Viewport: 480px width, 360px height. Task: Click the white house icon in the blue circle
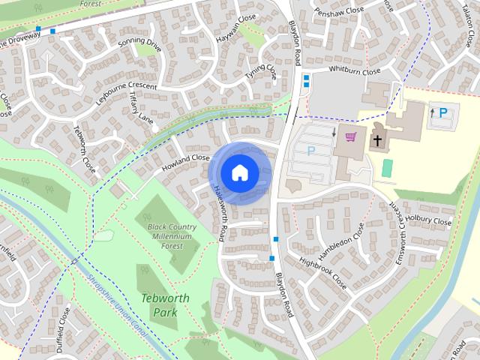coord(239,173)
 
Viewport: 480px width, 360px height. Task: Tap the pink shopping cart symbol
coord(350,136)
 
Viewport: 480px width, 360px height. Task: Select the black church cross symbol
coord(377,139)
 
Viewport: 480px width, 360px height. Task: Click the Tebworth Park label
coord(165,304)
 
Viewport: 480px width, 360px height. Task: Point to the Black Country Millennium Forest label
coord(172,236)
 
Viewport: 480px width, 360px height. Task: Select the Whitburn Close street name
coord(355,71)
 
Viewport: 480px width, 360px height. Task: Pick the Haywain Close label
coord(236,28)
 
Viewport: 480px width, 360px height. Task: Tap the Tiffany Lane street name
coord(140,109)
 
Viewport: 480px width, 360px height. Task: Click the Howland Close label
coord(186,162)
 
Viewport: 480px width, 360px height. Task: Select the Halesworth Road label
coord(220,214)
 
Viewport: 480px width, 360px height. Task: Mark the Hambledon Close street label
coord(340,241)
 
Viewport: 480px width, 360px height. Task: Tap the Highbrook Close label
coord(322,274)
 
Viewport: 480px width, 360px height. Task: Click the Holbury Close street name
coord(430,221)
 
